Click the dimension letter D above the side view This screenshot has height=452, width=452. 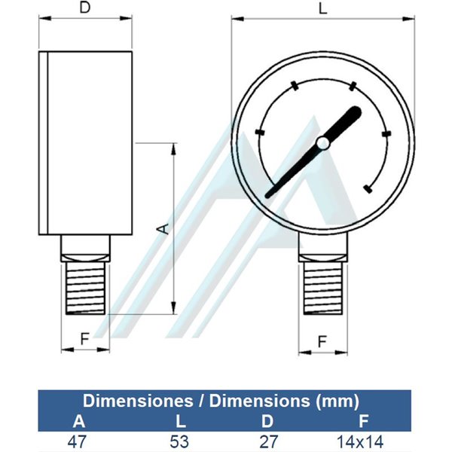point(85,8)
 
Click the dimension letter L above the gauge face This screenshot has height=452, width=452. point(323,8)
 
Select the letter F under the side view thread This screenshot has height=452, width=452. point(84,339)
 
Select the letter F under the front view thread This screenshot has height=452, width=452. point(322,341)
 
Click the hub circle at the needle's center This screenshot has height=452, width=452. point(323,143)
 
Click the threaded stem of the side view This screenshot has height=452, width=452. point(85,288)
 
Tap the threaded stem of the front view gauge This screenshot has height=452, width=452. point(323,288)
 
